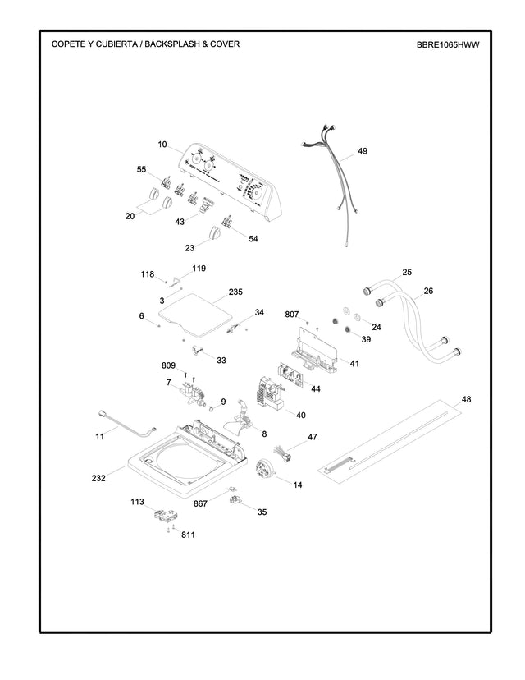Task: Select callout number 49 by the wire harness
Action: click(363, 152)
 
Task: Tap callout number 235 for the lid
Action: click(235, 292)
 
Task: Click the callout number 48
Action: click(466, 399)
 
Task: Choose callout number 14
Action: click(298, 485)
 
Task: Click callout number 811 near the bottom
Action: click(189, 535)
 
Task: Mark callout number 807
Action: click(292, 314)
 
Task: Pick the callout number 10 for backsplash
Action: click(162, 145)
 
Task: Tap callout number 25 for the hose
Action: click(407, 272)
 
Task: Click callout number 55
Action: click(141, 169)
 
